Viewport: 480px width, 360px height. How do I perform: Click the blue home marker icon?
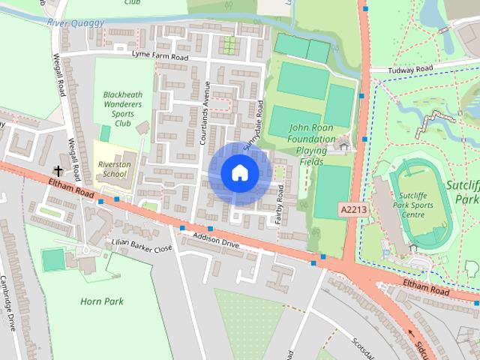(x=239, y=173)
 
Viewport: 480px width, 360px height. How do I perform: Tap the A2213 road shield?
(x=352, y=211)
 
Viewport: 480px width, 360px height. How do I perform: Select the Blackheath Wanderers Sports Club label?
(x=122, y=109)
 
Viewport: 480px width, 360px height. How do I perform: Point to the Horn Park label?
(x=101, y=301)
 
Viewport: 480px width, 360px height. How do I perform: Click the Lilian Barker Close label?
(x=142, y=247)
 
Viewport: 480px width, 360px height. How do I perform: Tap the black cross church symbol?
(x=58, y=171)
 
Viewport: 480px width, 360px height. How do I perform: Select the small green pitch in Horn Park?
(x=53, y=259)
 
